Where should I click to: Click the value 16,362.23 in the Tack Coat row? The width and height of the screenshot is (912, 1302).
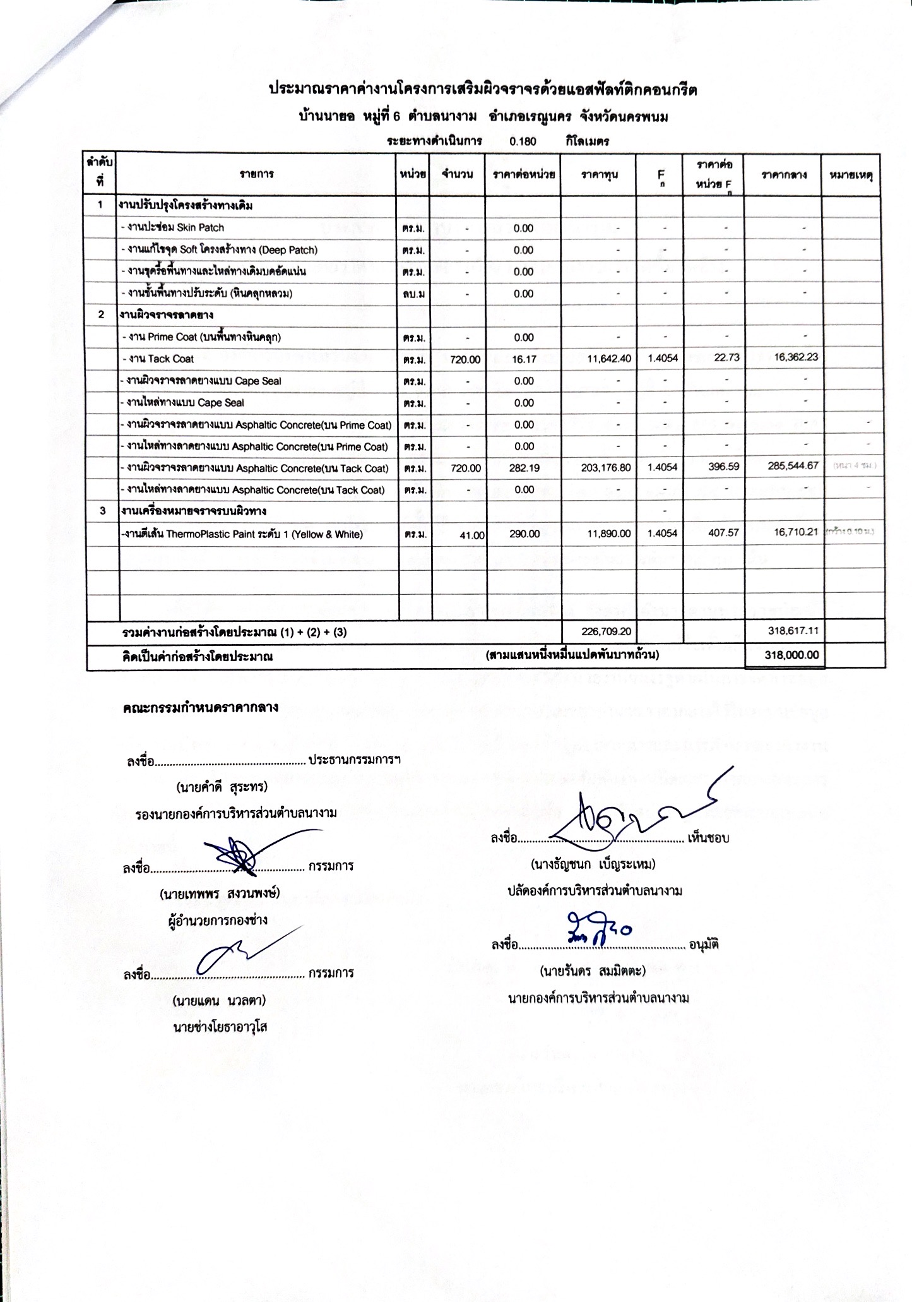(x=795, y=357)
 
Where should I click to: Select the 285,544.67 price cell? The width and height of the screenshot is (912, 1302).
(x=792, y=466)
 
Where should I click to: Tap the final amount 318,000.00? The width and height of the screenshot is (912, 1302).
(x=791, y=655)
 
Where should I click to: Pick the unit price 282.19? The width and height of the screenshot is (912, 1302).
(x=523, y=468)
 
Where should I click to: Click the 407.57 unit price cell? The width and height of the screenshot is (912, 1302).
(x=723, y=533)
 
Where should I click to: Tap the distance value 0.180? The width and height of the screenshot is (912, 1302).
(x=523, y=141)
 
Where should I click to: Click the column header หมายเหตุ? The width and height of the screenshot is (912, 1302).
(x=851, y=175)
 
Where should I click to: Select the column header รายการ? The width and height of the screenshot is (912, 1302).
(x=257, y=174)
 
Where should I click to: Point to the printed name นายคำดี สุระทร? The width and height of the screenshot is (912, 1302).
(x=222, y=787)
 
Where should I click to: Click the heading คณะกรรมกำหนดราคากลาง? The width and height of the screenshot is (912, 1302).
(x=200, y=707)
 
